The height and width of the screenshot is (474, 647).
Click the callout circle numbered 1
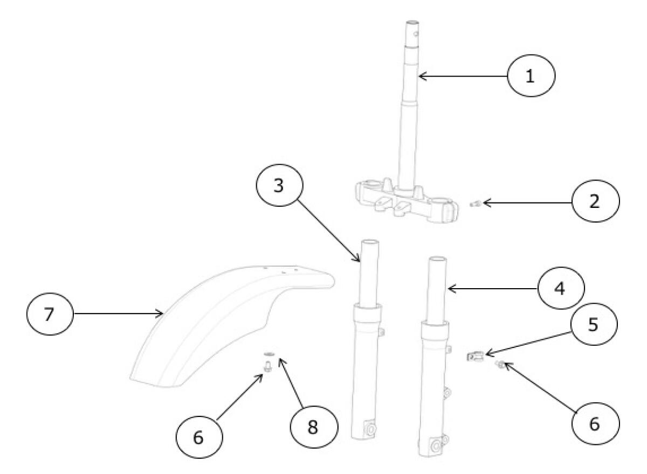(531, 75)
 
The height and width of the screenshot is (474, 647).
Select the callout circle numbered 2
(596, 201)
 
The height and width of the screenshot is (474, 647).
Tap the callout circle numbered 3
(280, 185)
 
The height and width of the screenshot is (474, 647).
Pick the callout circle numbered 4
(561, 288)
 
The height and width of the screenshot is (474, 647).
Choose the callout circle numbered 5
(594, 324)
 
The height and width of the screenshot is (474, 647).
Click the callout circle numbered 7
(50, 313)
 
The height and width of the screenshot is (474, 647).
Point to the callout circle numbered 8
(314, 427)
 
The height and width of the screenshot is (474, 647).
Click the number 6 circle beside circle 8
(199, 437)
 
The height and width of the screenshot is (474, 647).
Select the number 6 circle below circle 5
(596, 424)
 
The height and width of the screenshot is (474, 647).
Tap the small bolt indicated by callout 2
(474, 204)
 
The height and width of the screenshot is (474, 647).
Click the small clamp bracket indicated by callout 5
(476, 357)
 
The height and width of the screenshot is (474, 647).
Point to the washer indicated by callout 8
(269, 354)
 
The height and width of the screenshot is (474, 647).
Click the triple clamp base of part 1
(407, 202)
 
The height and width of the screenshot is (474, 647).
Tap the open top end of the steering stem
(412, 22)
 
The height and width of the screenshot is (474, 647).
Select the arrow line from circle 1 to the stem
(463, 76)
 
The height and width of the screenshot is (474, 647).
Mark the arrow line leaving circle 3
(329, 231)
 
